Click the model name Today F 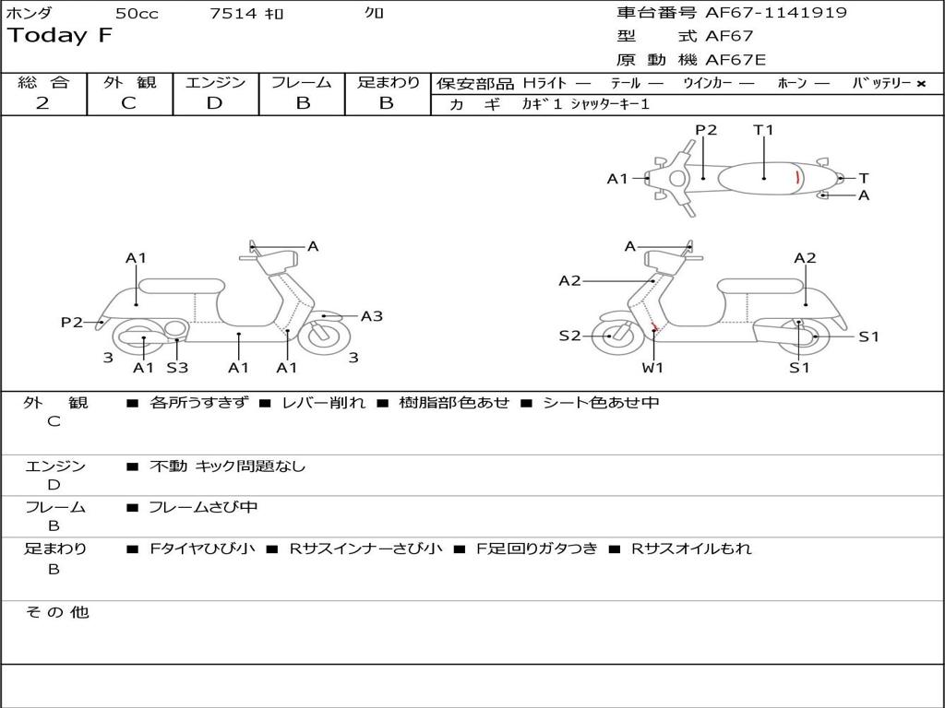(60, 36)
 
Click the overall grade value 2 (42, 103)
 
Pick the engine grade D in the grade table (215, 103)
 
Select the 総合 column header (43, 82)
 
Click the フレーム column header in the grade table (301, 82)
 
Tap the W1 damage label (653, 368)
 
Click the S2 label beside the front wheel (569, 336)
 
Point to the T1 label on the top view (763, 130)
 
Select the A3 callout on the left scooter (371, 316)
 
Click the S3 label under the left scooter (177, 368)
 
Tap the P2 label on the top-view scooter (706, 130)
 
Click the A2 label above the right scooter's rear (805, 258)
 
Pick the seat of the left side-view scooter (180, 285)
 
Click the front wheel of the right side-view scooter (610, 336)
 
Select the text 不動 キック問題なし (227, 466)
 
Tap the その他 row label (56, 612)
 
